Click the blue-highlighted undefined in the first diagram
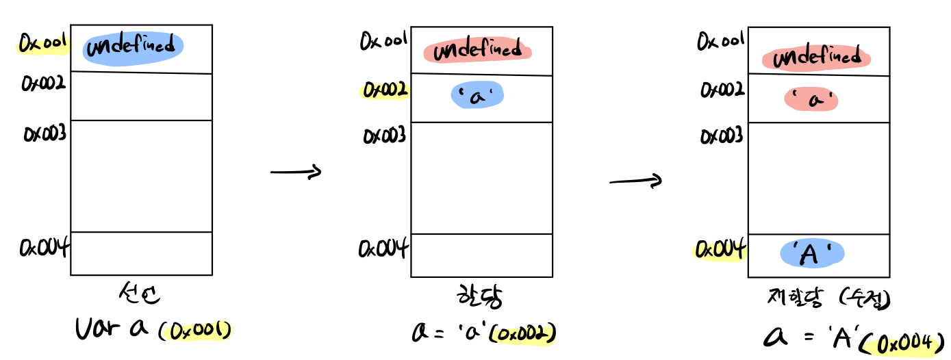[133, 47]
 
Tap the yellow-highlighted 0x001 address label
[42, 44]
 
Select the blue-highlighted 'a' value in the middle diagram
[477, 96]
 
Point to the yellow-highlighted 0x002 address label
[385, 90]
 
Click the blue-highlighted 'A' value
[812, 254]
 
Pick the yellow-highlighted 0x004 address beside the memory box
[719, 250]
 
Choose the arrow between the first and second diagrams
[296, 172]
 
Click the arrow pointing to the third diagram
[635, 181]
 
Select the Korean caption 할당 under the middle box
[478, 298]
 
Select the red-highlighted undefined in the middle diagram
[477, 50]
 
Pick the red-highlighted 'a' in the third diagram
[812, 100]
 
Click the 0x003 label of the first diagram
[45, 133]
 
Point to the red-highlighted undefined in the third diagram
[816, 57]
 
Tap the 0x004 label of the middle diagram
[383, 247]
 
